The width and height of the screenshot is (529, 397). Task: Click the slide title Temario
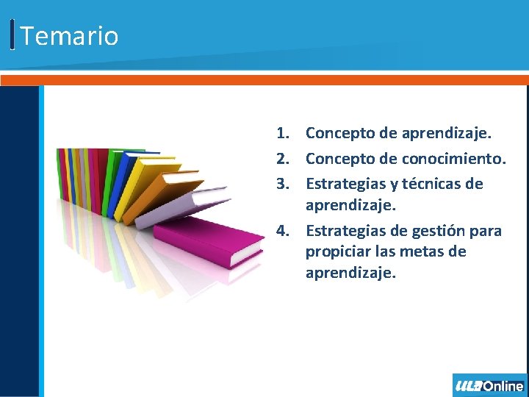click(x=69, y=35)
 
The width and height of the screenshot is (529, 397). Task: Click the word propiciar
click(x=337, y=252)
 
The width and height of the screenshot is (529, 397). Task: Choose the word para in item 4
click(x=486, y=231)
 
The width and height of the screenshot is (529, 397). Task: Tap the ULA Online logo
click(x=489, y=385)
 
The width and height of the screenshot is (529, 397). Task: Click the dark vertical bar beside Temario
click(x=12, y=35)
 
